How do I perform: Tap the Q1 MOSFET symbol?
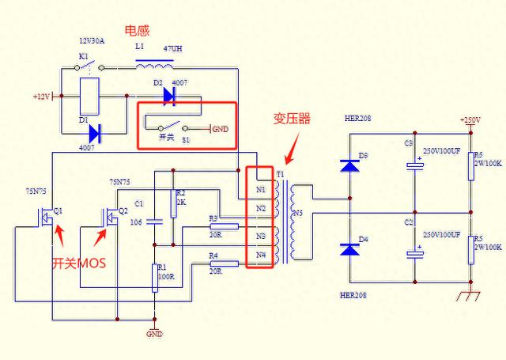tap(48, 213)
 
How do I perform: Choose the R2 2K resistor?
tap(171, 203)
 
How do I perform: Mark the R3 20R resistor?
tap(225, 226)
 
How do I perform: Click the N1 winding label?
tap(261, 190)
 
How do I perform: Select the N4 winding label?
tap(261, 255)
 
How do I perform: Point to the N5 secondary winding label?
tap(298, 213)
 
